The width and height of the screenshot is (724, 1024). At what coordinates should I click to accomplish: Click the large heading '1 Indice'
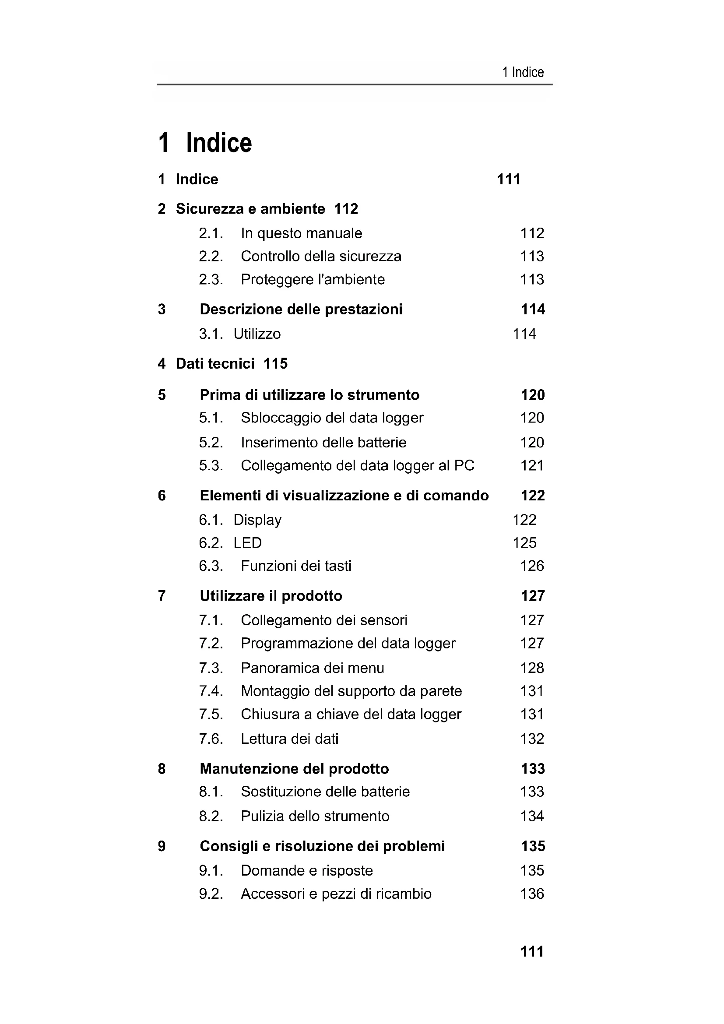coord(205,143)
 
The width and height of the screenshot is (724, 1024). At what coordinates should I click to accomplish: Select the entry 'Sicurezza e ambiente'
coord(250,209)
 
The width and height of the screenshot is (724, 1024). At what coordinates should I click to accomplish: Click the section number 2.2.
coord(211,257)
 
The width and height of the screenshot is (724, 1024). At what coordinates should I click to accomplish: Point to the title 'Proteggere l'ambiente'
coord(313,280)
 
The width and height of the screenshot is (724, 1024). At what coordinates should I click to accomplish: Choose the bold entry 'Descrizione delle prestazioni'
coord(301,310)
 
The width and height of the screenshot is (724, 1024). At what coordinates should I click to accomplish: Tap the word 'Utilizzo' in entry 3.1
coord(257,334)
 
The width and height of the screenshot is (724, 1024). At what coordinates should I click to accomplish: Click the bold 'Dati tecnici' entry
coord(215,364)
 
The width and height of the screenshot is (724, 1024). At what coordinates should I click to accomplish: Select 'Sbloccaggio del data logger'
coord(332,418)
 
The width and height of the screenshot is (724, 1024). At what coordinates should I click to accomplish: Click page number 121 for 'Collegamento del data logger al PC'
coord(532,466)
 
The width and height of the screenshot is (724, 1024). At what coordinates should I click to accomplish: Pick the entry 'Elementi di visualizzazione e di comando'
coord(344,496)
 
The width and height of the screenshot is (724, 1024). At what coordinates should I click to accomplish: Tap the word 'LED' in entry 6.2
coord(247,543)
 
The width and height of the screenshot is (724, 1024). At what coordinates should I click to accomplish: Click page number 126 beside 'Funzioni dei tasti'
coord(532,566)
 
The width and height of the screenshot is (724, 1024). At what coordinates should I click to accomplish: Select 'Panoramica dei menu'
coord(312,668)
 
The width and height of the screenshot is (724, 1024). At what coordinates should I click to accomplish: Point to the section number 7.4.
coord(211,691)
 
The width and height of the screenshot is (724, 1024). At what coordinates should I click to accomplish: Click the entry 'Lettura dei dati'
coord(289,739)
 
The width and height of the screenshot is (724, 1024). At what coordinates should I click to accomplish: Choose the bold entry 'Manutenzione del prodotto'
coord(294,769)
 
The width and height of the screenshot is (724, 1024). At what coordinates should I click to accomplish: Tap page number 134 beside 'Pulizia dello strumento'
coord(532,816)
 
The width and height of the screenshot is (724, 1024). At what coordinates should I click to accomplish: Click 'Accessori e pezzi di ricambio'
coord(336,894)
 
